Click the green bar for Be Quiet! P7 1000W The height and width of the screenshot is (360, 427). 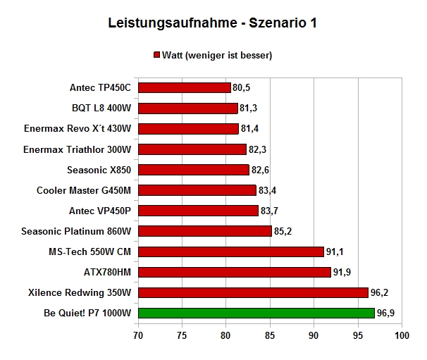click(x=256, y=313)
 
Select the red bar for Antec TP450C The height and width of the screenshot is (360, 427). click(x=185, y=87)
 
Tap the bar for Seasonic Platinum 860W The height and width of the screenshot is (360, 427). click(x=205, y=231)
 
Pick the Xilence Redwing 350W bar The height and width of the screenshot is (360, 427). click(x=253, y=292)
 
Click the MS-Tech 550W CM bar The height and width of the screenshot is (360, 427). click(x=231, y=252)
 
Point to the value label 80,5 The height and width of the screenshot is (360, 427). click(x=241, y=87)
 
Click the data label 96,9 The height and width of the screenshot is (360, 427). click(x=385, y=314)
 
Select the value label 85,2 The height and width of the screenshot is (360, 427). click(x=283, y=231)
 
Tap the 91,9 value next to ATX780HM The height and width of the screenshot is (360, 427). click(x=342, y=272)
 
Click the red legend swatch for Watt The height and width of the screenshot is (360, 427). click(x=156, y=55)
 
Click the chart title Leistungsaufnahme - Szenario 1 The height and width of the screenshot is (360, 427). click(x=212, y=23)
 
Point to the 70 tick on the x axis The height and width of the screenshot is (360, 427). click(x=138, y=335)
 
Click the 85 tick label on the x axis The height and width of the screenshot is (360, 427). click(x=270, y=335)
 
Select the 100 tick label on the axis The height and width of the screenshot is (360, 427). click(x=402, y=335)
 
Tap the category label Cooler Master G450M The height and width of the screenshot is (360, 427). click(x=84, y=190)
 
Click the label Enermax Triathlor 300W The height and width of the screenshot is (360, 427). click(x=77, y=149)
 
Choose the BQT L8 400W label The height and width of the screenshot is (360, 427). click(x=101, y=108)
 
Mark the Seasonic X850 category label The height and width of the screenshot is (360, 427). click(x=99, y=170)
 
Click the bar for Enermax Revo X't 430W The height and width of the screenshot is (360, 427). click(x=188, y=129)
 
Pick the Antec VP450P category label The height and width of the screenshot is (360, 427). click(x=100, y=211)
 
